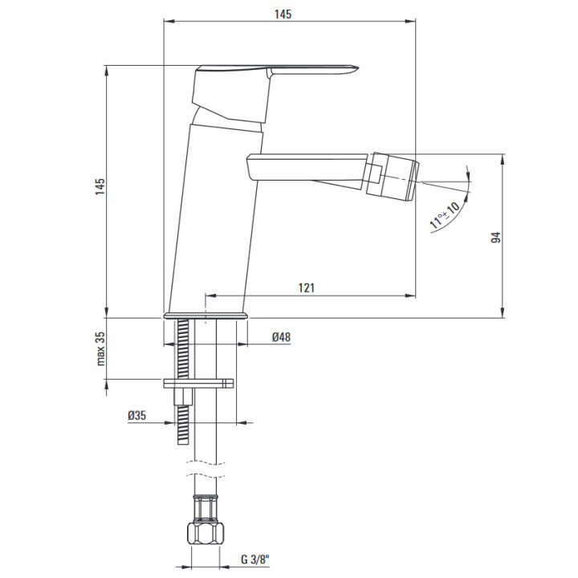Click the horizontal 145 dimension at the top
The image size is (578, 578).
[283, 14]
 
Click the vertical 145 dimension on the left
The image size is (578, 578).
[100, 186]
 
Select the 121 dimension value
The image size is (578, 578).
[307, 287]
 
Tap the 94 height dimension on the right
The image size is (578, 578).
[496, 237]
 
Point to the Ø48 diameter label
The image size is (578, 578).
[281, 337]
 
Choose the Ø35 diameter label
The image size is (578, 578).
[136, 416]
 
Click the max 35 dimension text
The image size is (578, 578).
[100, 348]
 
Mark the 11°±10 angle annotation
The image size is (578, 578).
[445, 215]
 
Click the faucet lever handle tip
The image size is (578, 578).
[356, 67]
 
